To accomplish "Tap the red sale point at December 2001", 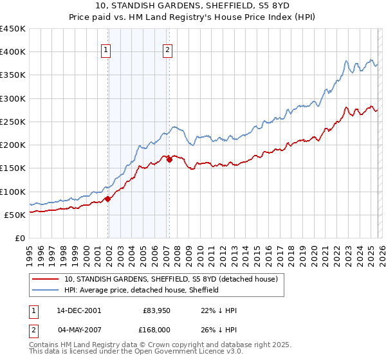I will (x=108, y=199).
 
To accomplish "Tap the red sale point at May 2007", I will (x=169, y=160).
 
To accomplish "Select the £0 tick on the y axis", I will (x=19, y=238).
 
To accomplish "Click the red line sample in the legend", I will (x=46, y=279).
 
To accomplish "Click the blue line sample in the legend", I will (x=46, y=290).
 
